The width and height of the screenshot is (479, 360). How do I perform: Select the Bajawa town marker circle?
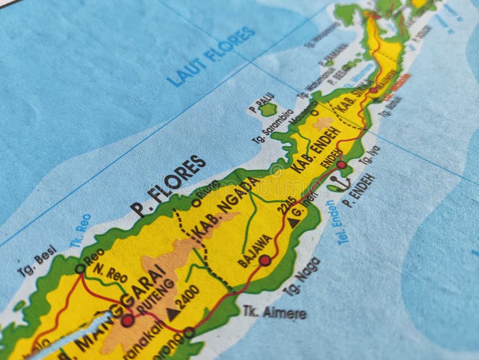click(265, 261)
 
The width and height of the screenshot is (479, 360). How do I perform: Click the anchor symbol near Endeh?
click(339, 182)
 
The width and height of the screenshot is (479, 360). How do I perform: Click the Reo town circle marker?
click(80, 269)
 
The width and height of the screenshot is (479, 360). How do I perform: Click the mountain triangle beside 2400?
click(173, 313)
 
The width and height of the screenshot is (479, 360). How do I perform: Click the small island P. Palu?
click(269, 110)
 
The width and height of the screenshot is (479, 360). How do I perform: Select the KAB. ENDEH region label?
click(315, 149)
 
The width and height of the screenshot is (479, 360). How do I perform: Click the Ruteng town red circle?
click(127, 320)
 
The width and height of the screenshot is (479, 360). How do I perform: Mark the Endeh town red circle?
click(341, 165)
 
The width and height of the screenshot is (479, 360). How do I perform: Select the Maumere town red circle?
click(373, 90)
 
